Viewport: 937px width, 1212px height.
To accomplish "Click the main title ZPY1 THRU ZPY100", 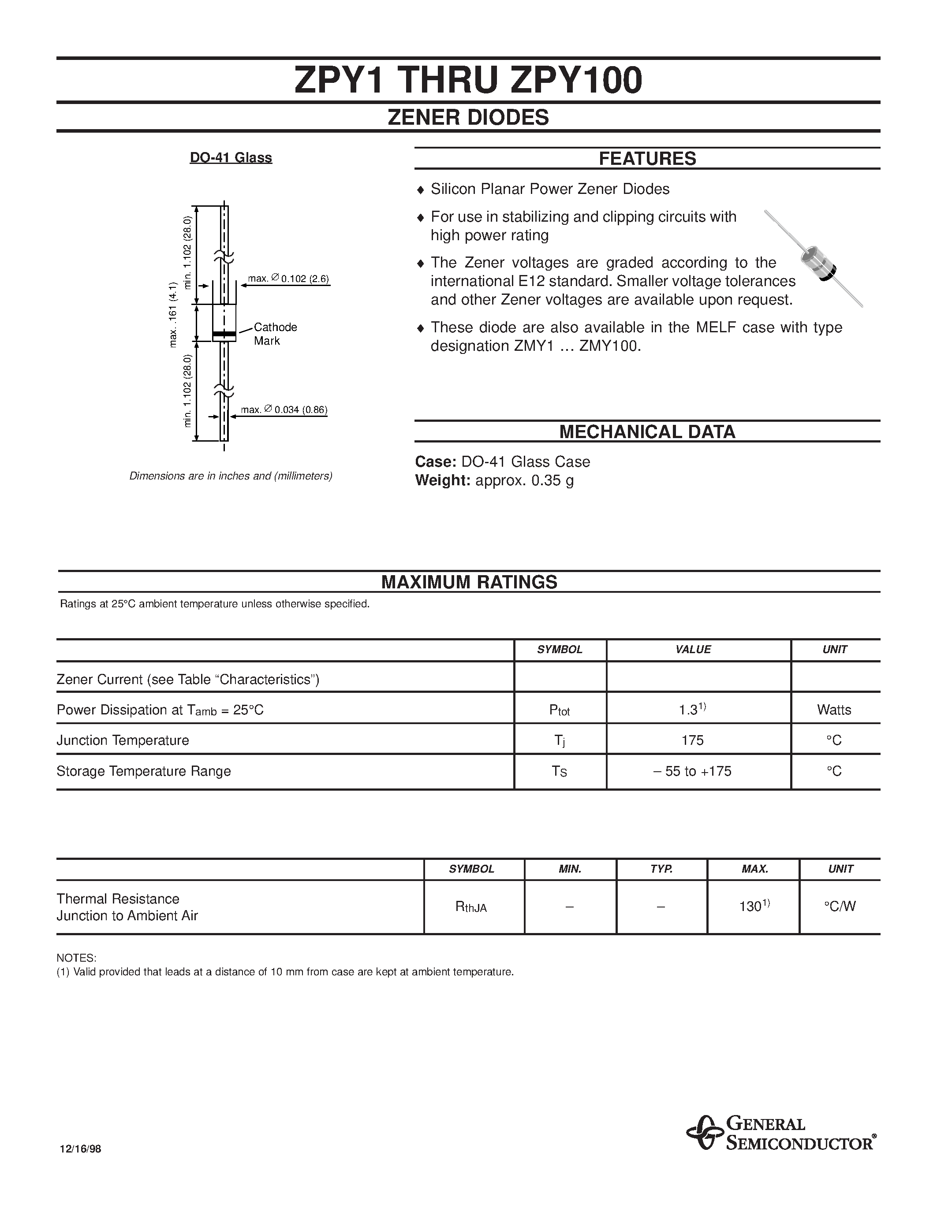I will [468, 81].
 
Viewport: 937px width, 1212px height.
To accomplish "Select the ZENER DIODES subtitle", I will [468, 118].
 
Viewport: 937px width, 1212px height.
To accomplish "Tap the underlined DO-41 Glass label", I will [231, 158].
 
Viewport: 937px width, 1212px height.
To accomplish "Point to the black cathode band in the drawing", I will [224, 334].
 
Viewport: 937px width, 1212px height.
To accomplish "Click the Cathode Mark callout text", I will [275, 334].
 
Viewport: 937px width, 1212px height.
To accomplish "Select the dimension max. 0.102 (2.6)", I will [289, 279].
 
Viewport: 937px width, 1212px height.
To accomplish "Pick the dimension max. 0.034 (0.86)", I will [284, 410].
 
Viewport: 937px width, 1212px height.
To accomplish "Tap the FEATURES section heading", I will [647, 159].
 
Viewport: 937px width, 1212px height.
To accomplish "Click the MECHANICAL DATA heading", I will [647, 432].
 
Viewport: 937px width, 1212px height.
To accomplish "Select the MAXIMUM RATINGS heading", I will [469, 582].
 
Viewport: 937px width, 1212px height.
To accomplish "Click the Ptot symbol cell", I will [560, 710].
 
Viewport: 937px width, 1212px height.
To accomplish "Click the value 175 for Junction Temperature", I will [692, 741].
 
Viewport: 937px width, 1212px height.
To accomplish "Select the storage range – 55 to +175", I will [692, 771].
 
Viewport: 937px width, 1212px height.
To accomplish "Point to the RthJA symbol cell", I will [471, 907].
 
